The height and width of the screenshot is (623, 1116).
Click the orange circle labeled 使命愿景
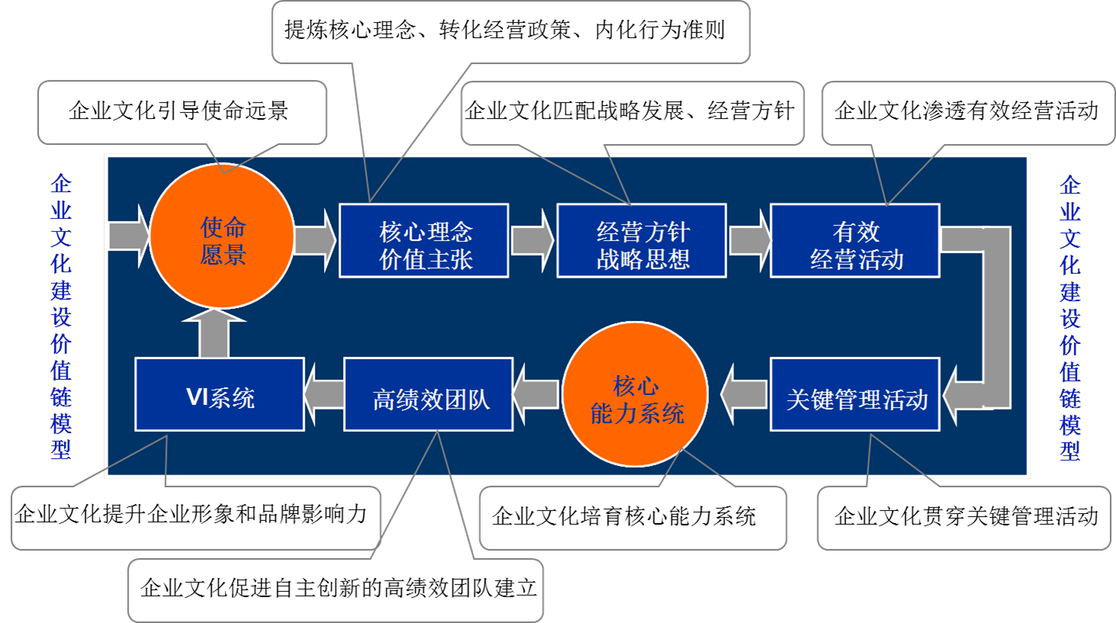222,238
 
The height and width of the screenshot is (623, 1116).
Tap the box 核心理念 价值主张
424,241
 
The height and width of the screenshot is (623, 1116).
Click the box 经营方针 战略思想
641,241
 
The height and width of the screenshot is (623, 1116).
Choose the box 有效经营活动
855,241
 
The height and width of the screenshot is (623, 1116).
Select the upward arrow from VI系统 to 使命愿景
214,336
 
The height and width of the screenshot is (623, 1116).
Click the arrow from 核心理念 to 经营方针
532,240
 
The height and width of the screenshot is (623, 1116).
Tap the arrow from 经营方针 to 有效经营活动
749,240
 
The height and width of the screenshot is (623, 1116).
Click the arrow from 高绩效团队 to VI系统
323,394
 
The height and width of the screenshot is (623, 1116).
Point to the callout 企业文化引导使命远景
179,111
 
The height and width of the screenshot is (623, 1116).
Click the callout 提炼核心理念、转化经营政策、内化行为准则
505,31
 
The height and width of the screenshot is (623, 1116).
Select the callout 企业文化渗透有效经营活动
966,111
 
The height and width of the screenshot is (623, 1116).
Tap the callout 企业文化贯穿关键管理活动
966,517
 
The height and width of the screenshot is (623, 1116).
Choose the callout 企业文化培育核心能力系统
624,517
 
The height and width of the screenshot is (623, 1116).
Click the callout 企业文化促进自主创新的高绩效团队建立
338,588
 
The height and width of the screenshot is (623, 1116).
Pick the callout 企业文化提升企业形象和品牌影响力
191,515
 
